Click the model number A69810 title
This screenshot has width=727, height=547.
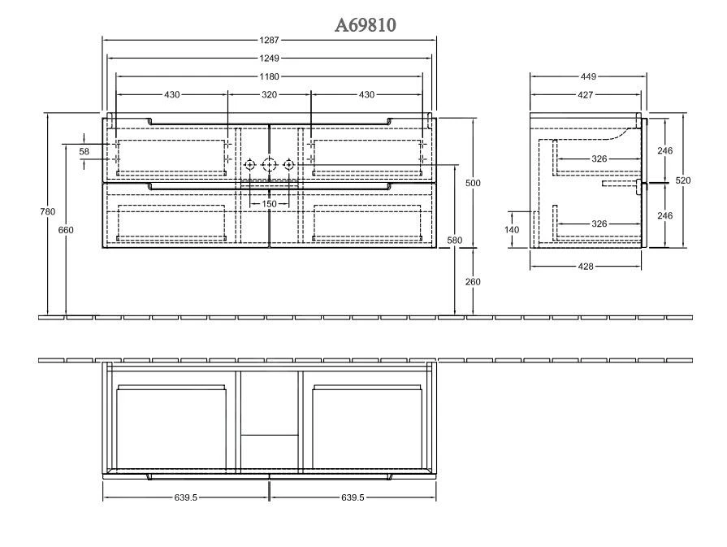coord(366,26)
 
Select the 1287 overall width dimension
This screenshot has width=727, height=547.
coord(269,40)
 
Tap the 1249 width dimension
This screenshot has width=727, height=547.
coord(269,58)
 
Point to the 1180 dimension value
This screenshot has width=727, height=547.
coord(269,76)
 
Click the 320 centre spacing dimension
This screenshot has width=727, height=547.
coord(269,95)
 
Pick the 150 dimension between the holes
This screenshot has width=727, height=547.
coord(269,203)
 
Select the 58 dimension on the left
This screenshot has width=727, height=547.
coord(84,151)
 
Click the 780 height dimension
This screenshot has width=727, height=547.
coord(48,212)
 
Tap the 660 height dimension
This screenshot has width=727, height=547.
coord(66,230)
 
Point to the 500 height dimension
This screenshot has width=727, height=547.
coord(473,184)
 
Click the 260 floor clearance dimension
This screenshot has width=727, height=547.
coord(473,282)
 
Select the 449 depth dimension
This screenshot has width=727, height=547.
coord(588,76)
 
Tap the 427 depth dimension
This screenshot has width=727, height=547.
coord(585,95)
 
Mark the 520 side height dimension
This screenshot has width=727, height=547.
coord(684,180)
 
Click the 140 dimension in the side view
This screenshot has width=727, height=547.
coord(513,230)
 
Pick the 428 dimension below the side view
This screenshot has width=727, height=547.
coord(586,267)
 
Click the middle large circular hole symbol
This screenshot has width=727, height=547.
coord(269,166)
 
